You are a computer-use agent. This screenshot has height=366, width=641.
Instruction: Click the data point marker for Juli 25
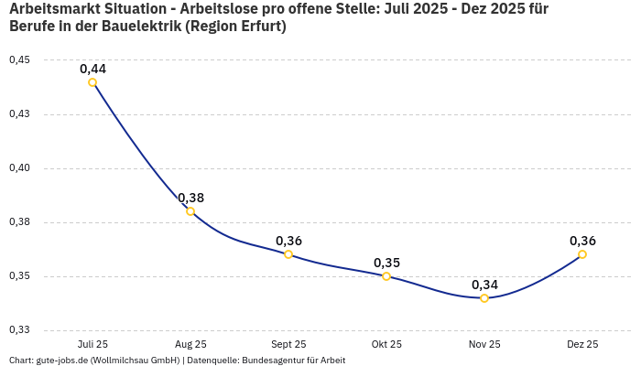pos(92,82)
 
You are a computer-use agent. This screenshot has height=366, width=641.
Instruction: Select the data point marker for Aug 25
pos(190,211)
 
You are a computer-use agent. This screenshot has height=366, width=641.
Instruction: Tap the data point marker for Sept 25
pos(288,254)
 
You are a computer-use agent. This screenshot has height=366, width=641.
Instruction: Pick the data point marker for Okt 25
pos(386,276)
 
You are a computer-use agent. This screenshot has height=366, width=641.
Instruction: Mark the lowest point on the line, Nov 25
pos(484,298)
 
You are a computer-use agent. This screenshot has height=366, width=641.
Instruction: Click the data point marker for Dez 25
pos(582,254)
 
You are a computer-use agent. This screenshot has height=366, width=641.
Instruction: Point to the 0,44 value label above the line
pos(92,69)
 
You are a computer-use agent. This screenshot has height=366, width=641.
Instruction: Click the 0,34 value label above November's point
pos(484,285)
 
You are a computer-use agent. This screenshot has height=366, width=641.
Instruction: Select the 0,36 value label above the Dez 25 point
pos(582,241)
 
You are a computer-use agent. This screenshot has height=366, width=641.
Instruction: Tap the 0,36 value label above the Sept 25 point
pos(288,241)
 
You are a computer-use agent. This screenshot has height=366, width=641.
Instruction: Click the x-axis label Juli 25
pos(92,344)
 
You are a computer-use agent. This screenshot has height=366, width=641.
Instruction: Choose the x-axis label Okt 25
pos(386,344)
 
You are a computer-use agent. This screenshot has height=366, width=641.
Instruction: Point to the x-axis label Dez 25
pos(582,344)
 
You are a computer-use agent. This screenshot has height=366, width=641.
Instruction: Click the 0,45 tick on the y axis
pos(19,60)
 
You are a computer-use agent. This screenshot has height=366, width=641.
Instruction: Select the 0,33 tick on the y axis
pos(19,330)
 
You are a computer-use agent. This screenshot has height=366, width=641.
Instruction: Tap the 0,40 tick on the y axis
pos(19,168)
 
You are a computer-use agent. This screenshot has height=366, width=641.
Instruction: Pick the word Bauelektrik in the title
pos(138,27)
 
